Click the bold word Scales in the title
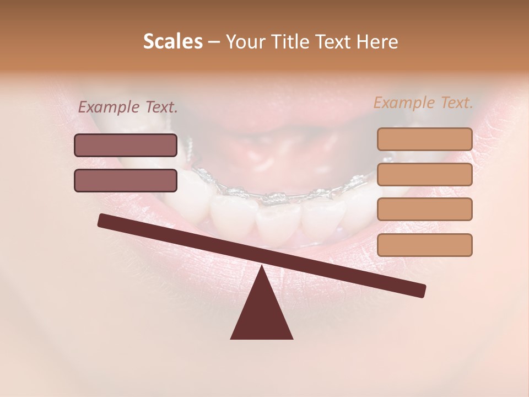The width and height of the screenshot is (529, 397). [x=173, y=41]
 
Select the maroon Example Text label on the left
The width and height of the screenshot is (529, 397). [x=128, y=107]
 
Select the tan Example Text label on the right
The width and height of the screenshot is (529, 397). [x=423, y=103]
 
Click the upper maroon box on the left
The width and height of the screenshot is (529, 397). [x=126, y=145]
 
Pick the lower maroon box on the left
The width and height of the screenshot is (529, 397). [x=126, y=180]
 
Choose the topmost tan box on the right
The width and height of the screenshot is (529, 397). [x=424, y=139]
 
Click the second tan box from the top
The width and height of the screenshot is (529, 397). [x=424, y=174]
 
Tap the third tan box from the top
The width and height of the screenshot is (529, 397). [x=424, y=209]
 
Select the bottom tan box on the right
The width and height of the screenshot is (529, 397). [x=424, y=245]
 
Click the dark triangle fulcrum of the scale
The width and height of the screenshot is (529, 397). [x=262, y=314]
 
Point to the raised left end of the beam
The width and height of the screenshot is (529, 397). [x=102, y=221]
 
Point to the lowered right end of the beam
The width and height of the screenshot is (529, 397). [x=421, y=291]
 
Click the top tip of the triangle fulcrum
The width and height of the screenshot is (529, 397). [x=262, y=266]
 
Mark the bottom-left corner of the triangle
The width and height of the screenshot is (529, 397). [x=231, y=338]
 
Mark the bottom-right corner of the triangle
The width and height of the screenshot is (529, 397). [x=292, y=338]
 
